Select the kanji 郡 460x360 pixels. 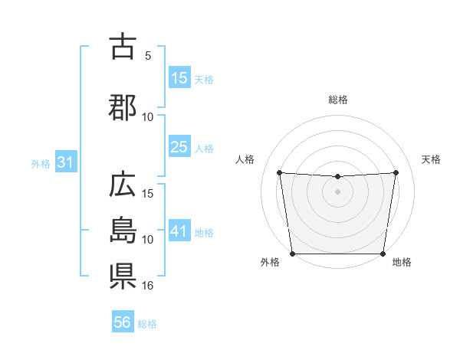pyautogui.click(x=123, y=108)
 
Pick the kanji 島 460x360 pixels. pyautogui.click(x=123, y=231)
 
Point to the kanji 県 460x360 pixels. pyautogui.click(x=123, y=277)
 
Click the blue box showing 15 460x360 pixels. pyautogui.click(x=179, y=78)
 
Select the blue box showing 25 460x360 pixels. pyautogui.click(x=179, y=147)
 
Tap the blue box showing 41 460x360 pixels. pyautogui.click(x=179, y=231)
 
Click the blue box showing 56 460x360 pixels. pyautogui.click(x=123, y=322)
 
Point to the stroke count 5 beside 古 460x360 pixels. pyautogui.click(x=148, y=55)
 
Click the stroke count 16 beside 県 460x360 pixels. pyautogui.click(x=148, y=286)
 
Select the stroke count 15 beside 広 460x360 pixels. pyautogui.click(x=148, y=194)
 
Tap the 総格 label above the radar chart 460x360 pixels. pyautogui.click(x=337, y=100)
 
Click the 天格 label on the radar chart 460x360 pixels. pyautogui.click(x=431, y=159)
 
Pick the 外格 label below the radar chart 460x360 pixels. pyautogui.click(x=270, y=262)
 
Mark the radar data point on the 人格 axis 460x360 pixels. pyautogui.click(x=280, y=172)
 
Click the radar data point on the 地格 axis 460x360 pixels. pyautogui.click(x=383, y=254)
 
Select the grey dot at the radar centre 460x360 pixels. pyautogui.click(x=337, y=191)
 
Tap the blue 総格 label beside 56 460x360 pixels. pyautogui.click(x=147, y=324)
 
